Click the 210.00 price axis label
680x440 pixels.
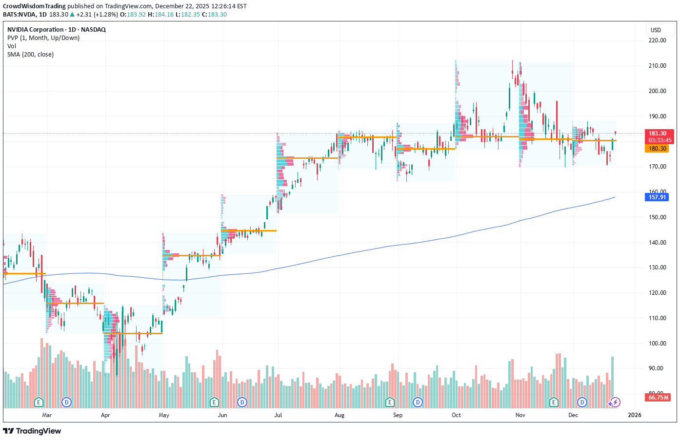[x=657, y=66]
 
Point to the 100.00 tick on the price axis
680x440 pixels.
[x=657, y=343]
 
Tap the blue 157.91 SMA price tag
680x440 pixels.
[x=657, y=197]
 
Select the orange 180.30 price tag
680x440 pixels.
[x=657, y=149]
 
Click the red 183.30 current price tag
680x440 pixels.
[x=657, y=134]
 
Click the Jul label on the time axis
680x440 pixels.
[x=278, y=415]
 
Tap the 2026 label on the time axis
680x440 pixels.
[x=634, y=415]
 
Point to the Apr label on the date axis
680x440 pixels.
[x=105, y=415]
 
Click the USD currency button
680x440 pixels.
[x=656, y=30]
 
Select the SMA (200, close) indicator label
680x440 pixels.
[x=30, y=55]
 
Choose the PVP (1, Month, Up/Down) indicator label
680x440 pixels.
[x=43, y=38]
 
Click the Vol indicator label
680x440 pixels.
[x=12, y=46]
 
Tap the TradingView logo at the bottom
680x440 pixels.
[x=32, y=431]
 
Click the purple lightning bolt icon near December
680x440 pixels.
[x=616, y=402]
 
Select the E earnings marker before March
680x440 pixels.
[x=39, y=402]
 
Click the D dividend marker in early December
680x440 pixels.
[x=582, y=402]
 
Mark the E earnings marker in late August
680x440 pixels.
[x=389, y=402]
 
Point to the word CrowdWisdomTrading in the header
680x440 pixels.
[x=34, y=6]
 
